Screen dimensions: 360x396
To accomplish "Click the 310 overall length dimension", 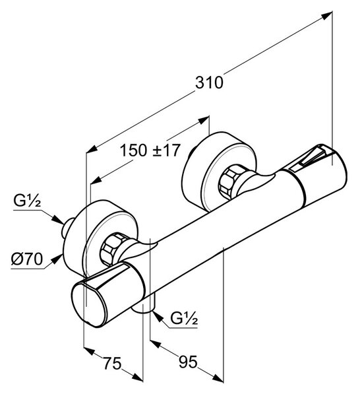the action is pos(209,82).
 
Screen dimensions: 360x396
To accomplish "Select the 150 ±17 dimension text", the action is pos(150,150).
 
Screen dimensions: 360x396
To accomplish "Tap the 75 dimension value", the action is pos(113,364).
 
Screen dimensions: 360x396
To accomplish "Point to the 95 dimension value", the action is pos(188,362).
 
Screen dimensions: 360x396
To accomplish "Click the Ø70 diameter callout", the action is pos(27,259).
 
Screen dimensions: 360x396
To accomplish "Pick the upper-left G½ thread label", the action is pos(27,201).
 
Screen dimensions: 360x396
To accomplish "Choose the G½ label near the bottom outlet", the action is pos(184,318).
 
